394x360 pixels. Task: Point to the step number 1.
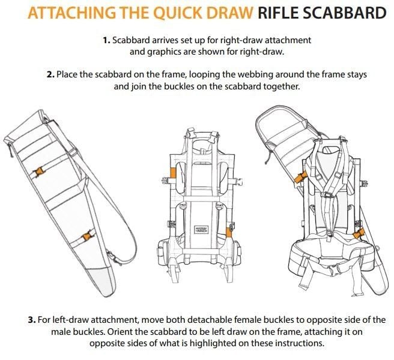point(106,40)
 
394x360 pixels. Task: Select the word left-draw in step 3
point(65,319)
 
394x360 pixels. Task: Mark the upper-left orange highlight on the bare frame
point(172,173)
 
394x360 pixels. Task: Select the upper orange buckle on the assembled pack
point(300,176)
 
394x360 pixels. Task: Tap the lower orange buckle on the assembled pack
point(359,233)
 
